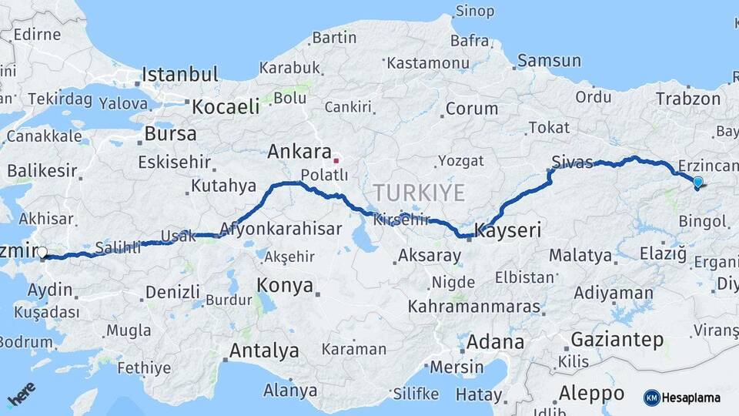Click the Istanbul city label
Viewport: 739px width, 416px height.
(180, 75)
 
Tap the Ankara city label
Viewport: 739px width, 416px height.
(299, 152)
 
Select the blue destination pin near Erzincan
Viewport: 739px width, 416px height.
(697, 183)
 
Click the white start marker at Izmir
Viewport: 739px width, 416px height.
(42, 252)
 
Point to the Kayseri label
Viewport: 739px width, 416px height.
(508, 230)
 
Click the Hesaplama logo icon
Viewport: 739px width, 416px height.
(651, 398)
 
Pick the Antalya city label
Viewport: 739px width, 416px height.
(264, 351)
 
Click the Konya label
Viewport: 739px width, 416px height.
(285, 286)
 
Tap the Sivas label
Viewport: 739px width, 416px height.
(572, 162)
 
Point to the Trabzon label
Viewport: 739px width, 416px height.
(688, 99)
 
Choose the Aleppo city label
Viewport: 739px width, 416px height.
(591, 392)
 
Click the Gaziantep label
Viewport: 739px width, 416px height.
(617, 340)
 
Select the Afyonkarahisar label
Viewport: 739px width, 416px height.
(280, 229)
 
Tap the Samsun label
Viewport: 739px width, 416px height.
(549, 61)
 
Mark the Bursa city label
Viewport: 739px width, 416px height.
(170, 133)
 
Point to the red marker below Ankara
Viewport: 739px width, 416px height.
(336, 161)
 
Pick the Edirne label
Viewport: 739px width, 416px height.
(36, 34)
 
